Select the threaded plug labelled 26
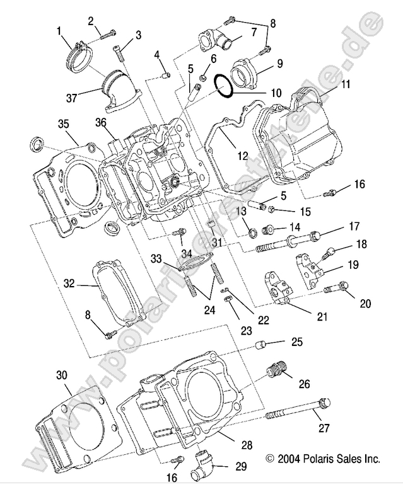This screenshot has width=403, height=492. coord(276,370)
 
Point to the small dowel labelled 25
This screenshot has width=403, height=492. coord(260,345)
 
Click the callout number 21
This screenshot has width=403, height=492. coord(322,317)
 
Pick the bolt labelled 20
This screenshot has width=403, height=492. coord(336,289)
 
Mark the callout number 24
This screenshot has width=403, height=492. coord(209,310)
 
